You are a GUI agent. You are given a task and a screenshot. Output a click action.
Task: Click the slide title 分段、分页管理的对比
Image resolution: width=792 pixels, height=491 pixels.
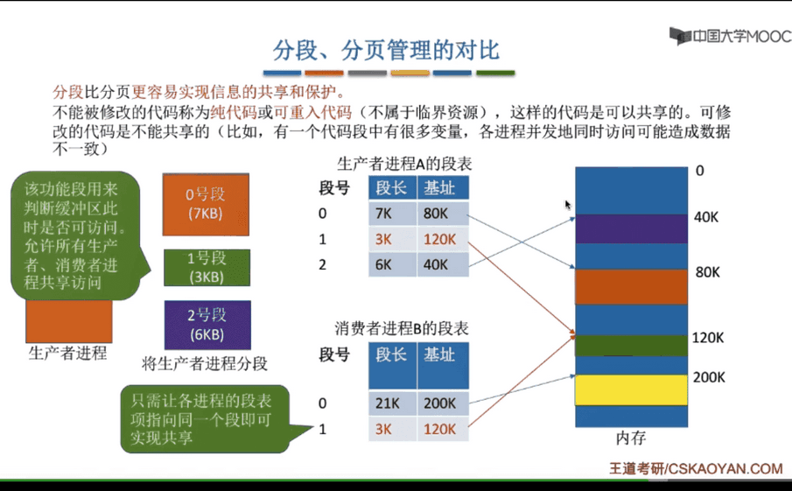pyautogui.click(x=387, y=51)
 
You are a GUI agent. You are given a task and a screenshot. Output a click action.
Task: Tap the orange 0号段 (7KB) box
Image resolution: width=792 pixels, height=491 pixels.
pyautogui.click(x=206, y=205)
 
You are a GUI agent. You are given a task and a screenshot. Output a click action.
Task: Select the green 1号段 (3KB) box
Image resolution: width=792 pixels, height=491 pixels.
pyautogui.click(x=207, y=268)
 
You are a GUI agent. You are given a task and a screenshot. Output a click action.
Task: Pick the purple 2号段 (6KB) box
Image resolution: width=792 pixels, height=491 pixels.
pyautogui.click(x=207, y=325)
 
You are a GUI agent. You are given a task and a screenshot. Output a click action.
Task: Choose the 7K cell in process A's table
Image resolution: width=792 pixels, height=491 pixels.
pyautogui.click(x=392, y=214)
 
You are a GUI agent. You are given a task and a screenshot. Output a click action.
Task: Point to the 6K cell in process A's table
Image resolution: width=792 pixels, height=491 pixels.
pyautogui.click(x=392, y=264)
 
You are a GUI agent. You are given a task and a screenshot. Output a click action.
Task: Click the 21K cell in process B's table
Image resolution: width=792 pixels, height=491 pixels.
pyautogui.click(x=392, y=403)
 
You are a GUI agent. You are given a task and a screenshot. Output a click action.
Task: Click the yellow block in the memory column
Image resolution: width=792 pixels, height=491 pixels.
pyautogui.click(x=631, y=390)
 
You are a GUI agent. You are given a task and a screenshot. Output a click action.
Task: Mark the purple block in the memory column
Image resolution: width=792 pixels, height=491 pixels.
pyautogui.click(x=631, y=228)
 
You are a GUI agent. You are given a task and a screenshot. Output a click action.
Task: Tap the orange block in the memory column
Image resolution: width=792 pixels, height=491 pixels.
pyautogui.click(x=631, y=287)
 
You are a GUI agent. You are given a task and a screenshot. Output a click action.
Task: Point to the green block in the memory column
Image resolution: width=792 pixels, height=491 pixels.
pyautogui.click(x=631, y=346)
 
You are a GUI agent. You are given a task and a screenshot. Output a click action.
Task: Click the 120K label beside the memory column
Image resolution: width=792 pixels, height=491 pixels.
pyautogui.click(x=708, y=338)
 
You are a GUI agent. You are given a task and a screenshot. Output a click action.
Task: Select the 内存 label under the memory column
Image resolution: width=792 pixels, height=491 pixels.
pyautogui.click(x=631, y=438)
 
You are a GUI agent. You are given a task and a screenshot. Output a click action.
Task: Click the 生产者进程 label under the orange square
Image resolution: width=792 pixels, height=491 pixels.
pyautogui.click(x=67, y=353)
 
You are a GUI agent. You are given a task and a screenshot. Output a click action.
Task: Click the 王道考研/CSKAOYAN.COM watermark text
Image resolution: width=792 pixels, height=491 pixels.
pyautogui.click(x=696, y=469)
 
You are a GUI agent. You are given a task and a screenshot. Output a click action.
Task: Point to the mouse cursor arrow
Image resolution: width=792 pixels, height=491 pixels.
pyautogui.click(x=568, y=205)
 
